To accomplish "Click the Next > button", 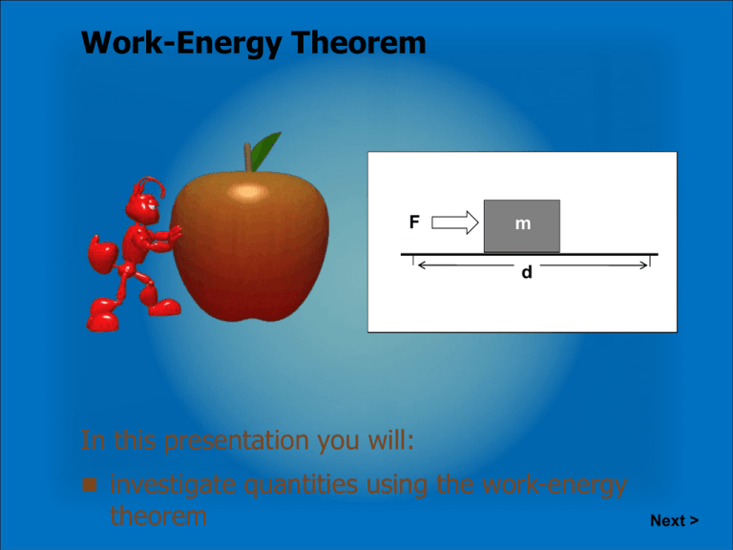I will point(674,520).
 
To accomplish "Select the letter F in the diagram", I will point(413,222).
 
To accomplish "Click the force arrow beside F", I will point(454,223).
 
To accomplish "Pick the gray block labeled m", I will point(521,225).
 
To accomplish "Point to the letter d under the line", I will point(527,273).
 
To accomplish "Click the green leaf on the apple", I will point(267,148).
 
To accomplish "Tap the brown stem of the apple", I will point(250,157).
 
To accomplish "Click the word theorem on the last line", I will point(158,517).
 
